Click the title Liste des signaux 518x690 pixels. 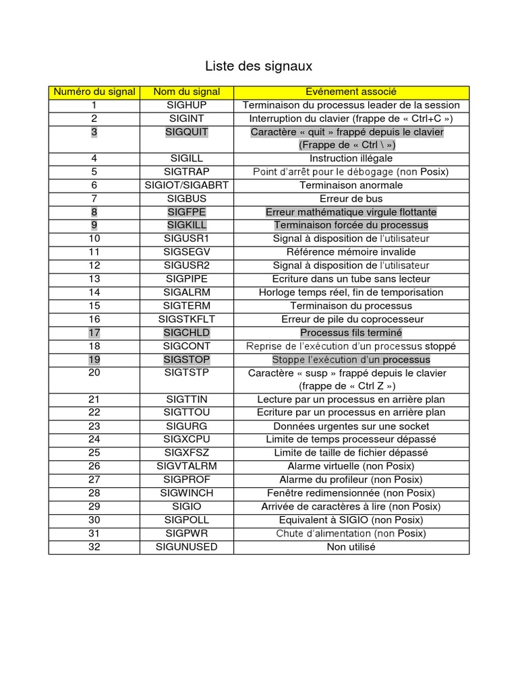coord(258,67)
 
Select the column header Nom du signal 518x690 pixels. coord(187,92)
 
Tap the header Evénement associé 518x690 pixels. coord(351,92)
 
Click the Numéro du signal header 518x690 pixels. coord(94,92)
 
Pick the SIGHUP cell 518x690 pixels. coord(187,105)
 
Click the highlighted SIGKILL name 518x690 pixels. coord(187,225)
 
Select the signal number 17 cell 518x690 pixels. coord(94,332)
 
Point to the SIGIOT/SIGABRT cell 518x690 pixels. coord(187,185)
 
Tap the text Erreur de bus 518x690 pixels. coord(351,199)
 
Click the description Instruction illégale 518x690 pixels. coord(351,158)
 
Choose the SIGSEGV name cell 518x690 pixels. coord(187,252)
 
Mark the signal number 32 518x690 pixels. coord(94,546)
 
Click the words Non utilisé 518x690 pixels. coord(351,546)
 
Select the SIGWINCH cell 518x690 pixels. coord(187,493)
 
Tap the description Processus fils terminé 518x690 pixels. coord(351,332)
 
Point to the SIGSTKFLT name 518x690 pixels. coord(187,319)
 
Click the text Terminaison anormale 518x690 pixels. coord(351,185)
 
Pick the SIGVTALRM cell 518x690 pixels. coord(187,466)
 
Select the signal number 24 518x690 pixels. coord(94,439)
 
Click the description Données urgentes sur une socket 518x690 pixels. coord(351,426)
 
